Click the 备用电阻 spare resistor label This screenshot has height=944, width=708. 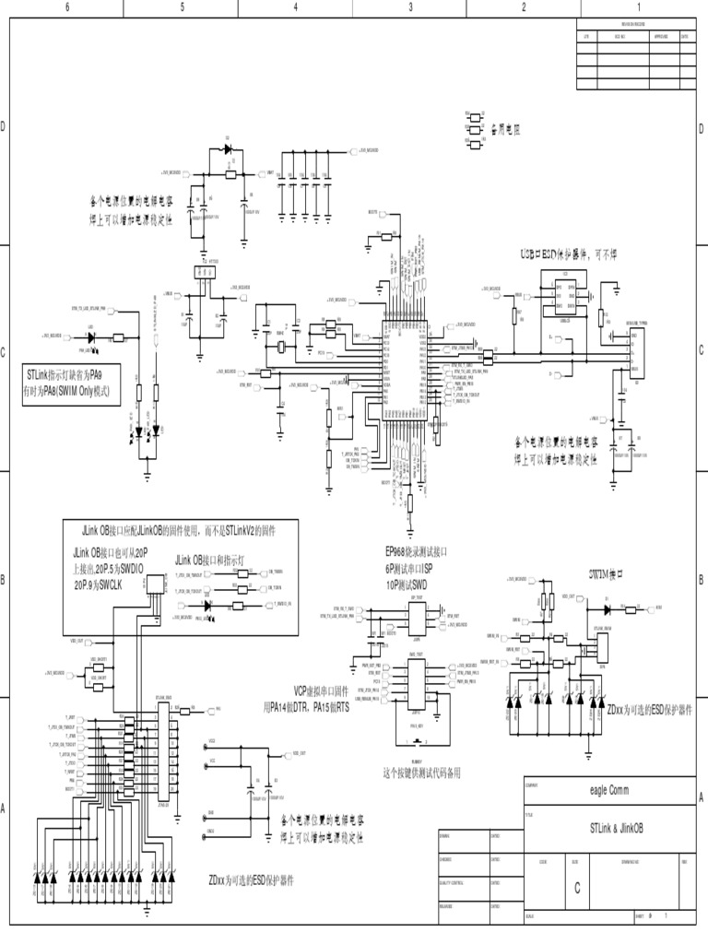(504, 131)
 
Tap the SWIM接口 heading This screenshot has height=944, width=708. (608, 573)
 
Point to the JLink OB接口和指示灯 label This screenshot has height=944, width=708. (211, 560)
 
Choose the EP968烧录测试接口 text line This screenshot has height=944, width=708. (416, 551)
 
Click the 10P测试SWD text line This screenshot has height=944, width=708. (407, 584)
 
